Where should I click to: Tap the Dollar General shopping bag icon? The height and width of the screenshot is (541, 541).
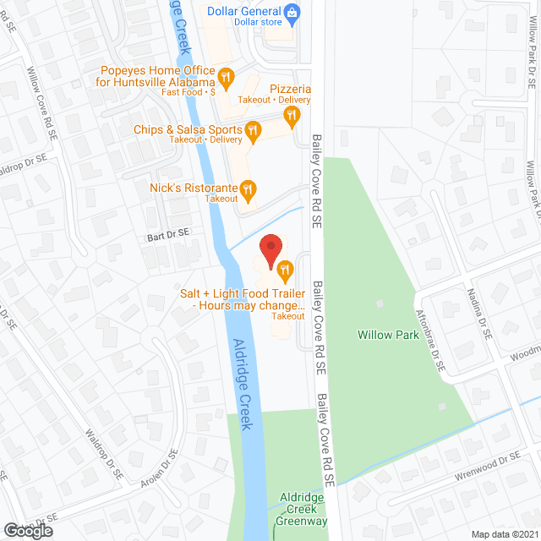point(292,12)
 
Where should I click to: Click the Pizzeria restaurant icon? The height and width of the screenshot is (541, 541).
point(292,115)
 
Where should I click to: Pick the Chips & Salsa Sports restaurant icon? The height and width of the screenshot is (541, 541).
point(252,130)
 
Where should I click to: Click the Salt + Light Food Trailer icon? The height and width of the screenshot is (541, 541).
point(285,272)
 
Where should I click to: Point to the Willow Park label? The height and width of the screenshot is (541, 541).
point(388,335)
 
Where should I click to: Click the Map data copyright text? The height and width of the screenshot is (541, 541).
point(505,534)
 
